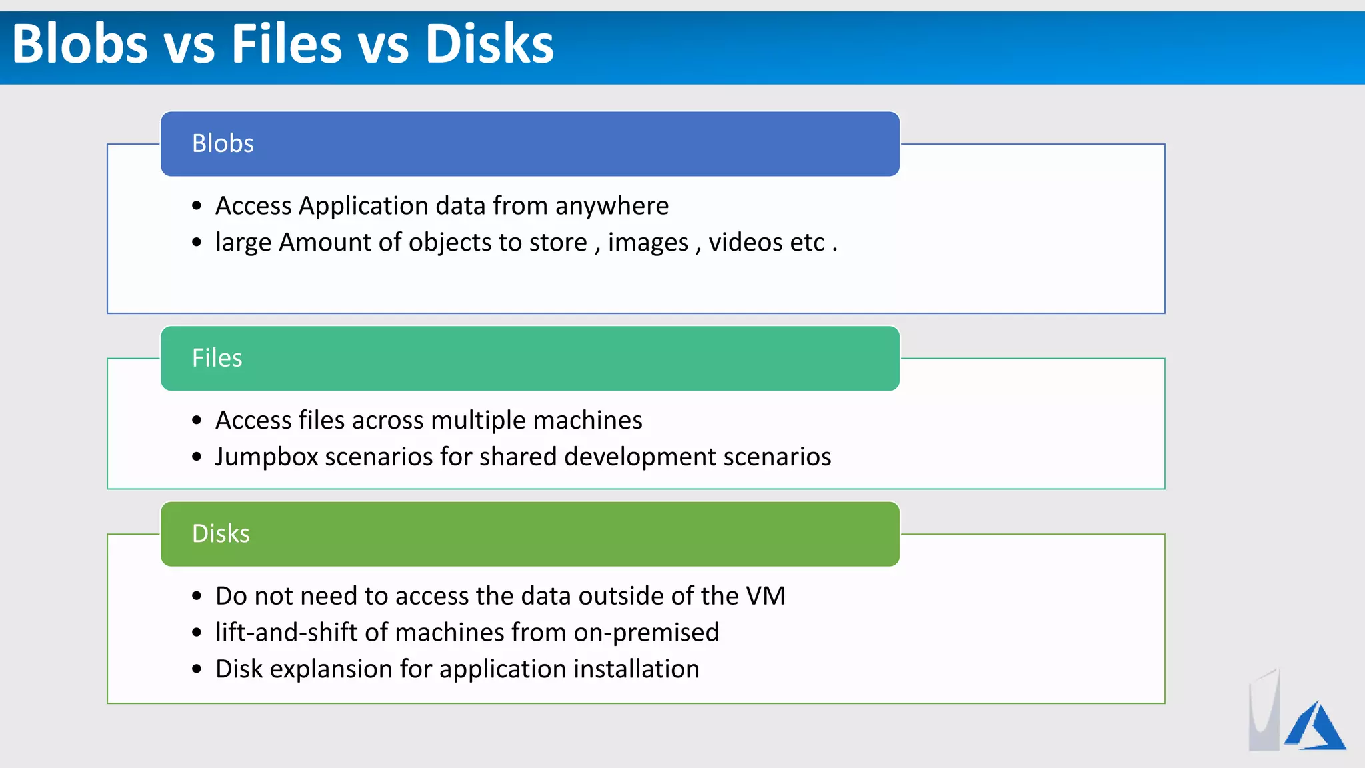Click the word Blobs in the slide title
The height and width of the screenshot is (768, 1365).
[80, 44]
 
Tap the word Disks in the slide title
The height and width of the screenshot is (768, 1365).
[489, 44]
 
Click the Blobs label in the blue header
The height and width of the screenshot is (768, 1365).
[223, 143]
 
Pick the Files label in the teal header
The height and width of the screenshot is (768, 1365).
[217, 358]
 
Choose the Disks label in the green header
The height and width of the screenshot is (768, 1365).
[221, 533]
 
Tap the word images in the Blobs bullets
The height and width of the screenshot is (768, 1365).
[647, 243]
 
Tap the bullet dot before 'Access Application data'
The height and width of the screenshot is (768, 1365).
[197, 206]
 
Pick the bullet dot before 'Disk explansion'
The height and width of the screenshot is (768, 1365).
[197, 669]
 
